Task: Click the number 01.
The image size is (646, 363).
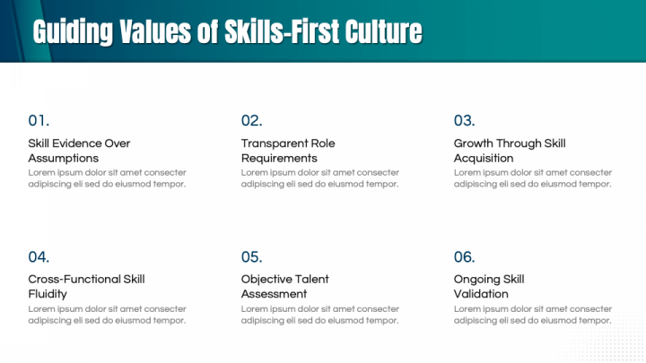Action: click(x=39, y=121)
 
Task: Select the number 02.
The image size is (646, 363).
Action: click(x=252, y=121)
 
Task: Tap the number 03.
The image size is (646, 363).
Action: click(x=465, y=121)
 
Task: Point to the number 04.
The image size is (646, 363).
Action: click(x=39, y=257)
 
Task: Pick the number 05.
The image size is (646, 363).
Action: click(x=252, y=257)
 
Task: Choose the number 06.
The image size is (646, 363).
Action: click(x=465, y=257)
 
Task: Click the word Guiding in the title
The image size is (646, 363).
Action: click(x=73, y=32)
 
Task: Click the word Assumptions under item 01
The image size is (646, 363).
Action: click(x=64, y=159)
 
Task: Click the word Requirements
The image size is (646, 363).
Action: click(x=279, y=159)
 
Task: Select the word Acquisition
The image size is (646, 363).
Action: click(x=484, y=159)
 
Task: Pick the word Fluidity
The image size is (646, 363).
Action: click(x=48, y=294)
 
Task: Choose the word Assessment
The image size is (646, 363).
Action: click(x=274, y=294)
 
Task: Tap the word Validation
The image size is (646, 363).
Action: click(x=481, y=294)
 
